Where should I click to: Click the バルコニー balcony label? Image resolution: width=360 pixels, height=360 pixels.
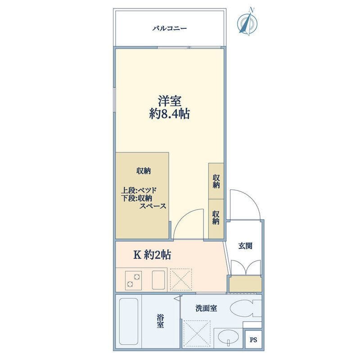click(x=170, y=28)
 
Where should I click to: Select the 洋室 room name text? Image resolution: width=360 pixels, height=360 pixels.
click(x=169, y=100)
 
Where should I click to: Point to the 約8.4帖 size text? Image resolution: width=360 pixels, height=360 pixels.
click(x=169, y=114)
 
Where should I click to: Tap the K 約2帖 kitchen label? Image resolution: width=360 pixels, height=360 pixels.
click(x=152, y=255)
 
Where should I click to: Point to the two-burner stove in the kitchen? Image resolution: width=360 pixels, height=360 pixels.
click(x=133, y=280)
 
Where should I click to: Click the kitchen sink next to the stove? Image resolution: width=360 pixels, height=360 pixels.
click(x=159, y=280)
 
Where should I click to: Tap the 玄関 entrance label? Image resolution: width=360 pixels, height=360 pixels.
click(x=245, y=246)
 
